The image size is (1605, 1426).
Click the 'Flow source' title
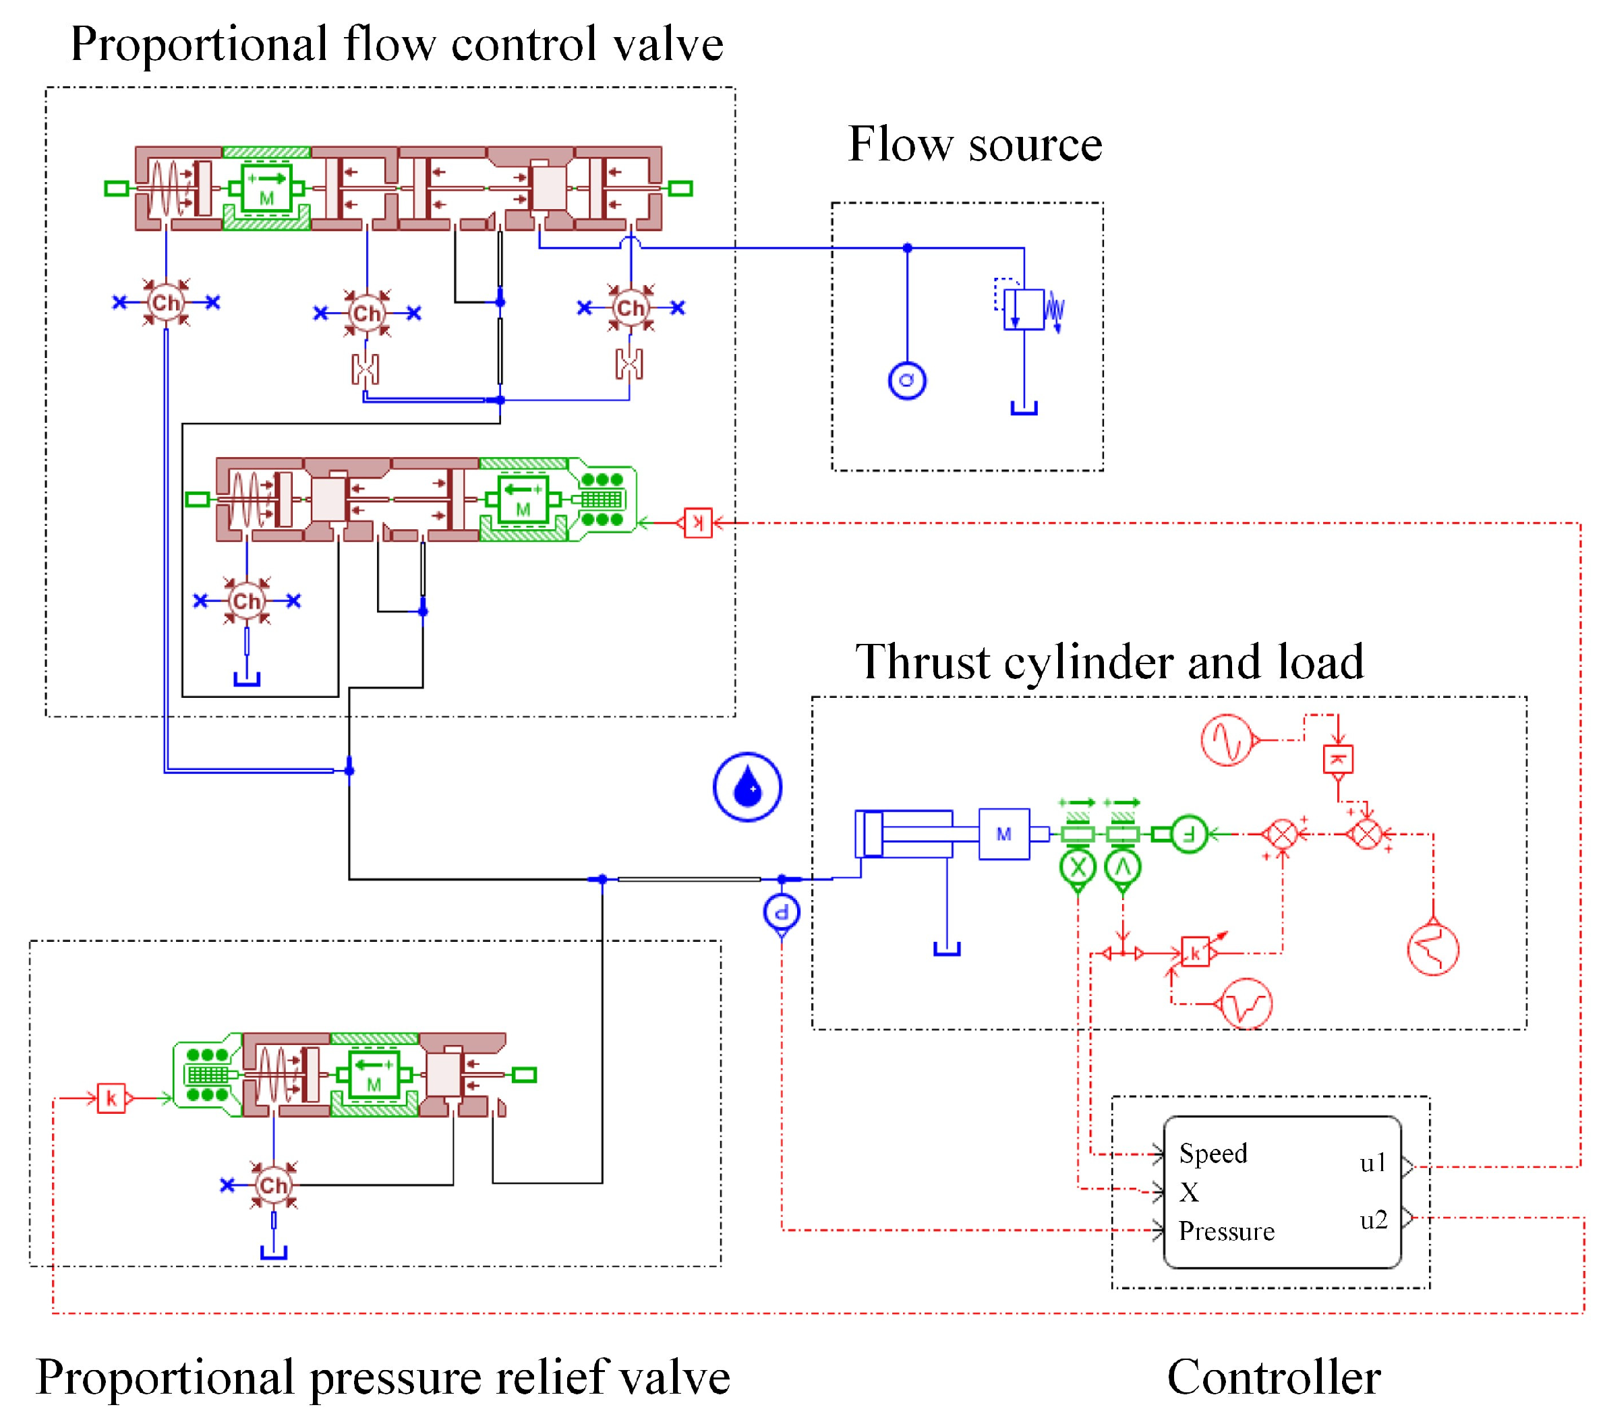(974, 144)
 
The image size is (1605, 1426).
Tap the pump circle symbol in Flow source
(907, 381)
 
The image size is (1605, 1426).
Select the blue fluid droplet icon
(747, 787)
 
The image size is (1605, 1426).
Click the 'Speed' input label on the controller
(1213, 1154)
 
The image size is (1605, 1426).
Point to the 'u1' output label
(1374, 1163)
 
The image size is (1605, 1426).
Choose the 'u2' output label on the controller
(1374, 1220)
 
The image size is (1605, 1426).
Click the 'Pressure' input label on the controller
(1227, 1231)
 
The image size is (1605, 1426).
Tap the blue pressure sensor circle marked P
(782, 912)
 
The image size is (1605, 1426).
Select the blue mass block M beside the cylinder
(1003, 834)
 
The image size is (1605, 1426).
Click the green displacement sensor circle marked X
(1078, 868)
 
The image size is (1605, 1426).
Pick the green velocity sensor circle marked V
(1122, 868)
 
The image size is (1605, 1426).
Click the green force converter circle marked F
(1189, 834)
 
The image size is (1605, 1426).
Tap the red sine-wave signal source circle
(1227, 739)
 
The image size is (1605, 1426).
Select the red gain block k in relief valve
(111, 1098)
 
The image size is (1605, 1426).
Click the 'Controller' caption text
(1274, 1377)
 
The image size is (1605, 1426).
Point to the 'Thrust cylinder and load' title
(1109, 662)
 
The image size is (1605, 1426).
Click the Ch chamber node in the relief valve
(273, 1185)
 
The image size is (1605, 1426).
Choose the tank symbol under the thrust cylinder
(947, 949)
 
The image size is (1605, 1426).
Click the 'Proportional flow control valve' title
(397, 44)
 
